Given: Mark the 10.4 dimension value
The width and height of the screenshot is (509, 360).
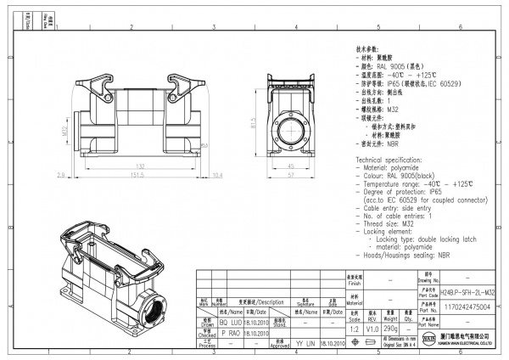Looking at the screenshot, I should coord(218,175).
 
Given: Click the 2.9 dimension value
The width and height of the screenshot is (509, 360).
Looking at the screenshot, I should coord(61,175).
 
